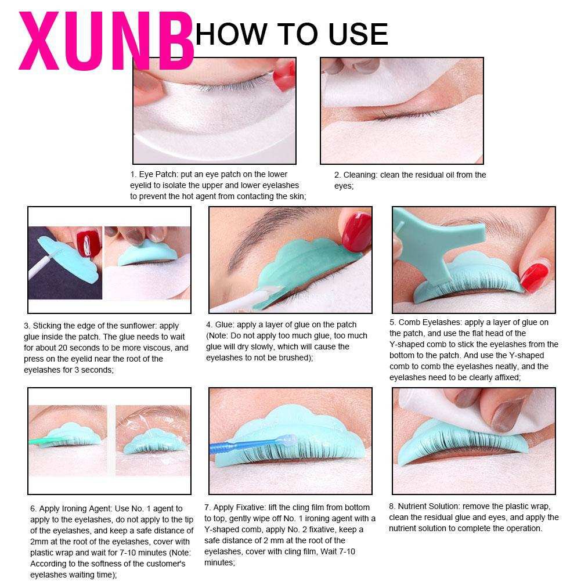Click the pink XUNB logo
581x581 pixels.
click(107, 41)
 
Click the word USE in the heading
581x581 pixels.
click(358, 34)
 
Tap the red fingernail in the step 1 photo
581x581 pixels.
click(284, 75)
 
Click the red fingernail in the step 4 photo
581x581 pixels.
click(356, 232)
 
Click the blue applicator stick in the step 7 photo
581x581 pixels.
click(252, 445)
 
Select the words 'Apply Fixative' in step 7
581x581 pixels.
click(239, 507)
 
